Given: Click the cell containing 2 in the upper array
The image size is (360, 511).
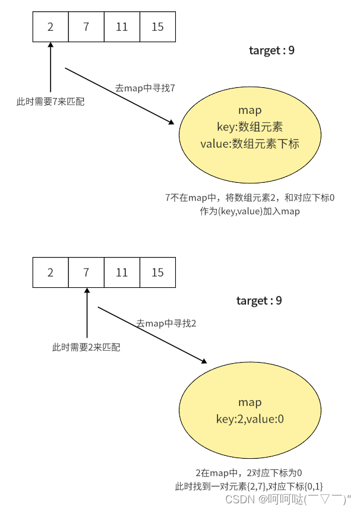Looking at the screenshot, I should coord(50,27).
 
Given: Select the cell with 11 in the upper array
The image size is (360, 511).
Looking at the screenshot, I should coord(122,27).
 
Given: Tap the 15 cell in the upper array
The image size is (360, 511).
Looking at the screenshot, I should coord(157,27).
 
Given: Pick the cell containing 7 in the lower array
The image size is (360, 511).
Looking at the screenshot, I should coord(86,272).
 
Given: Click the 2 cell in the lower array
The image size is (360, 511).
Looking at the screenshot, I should coord(50,272).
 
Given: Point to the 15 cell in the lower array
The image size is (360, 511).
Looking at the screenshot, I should coord(157,272).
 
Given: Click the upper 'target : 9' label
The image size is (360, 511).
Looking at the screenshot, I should coord(271,50).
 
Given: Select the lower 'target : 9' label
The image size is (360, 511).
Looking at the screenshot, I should coord(259,301).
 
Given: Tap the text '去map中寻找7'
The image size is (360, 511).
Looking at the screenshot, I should coord(144,88).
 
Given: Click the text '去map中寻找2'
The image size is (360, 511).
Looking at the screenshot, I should coord(166,323).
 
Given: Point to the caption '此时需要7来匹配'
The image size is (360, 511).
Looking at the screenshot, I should coord(50,102).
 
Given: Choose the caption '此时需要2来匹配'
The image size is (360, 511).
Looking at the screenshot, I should coord(86,347).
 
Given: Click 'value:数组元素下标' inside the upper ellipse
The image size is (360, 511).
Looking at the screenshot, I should coord(250,143).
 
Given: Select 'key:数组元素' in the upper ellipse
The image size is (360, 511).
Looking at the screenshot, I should coord(250,126).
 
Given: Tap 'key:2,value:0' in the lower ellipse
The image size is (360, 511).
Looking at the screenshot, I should coord(250,420).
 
